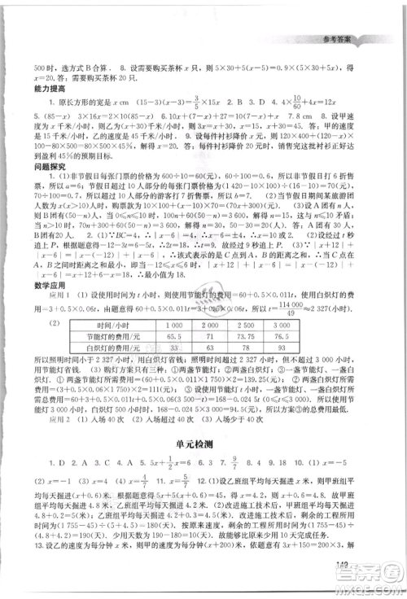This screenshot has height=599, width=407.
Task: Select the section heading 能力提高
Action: tap(46, 89)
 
